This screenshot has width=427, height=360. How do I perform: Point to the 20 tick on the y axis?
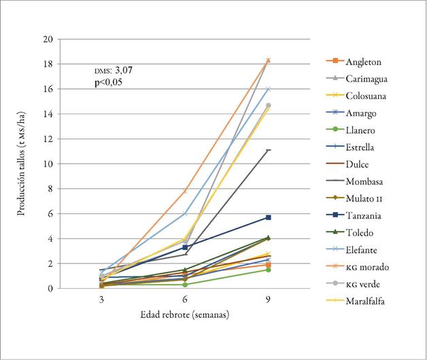pyautogui.click(x=48, y=39)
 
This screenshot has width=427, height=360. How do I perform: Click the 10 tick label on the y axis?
pyautogui.click(x=48, y=164)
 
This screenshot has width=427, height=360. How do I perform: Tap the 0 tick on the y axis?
pyautogui.click(x=50, y=289)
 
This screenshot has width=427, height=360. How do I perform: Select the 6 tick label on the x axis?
pyautogui.click(x=185, y=299)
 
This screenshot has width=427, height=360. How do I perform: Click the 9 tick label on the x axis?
pyautogui.click(x=269, y=299)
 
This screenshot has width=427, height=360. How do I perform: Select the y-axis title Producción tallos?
pyautogui.click(x=22, y=164)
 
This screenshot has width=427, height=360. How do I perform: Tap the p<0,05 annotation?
pyautogui.click(x=108, y=82)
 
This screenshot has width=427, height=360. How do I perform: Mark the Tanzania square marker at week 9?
pyautogui.click(x=269, y=217)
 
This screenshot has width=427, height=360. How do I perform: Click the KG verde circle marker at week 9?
pyautogui.click(x=269, y=105)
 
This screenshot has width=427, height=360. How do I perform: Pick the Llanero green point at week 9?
pyautogui.click(x=269, y=270)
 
